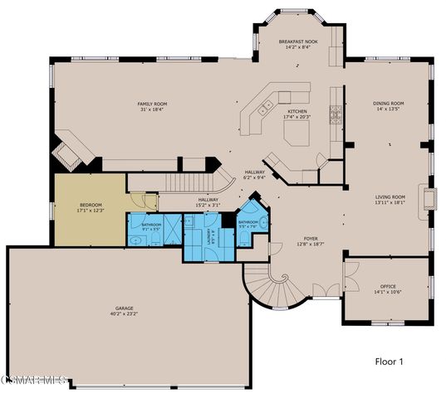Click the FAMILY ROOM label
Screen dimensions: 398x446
coord(151,104)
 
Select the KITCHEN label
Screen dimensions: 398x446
coord(297,111)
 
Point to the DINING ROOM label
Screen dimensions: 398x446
coord(388,104)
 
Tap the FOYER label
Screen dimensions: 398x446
coord(308,240)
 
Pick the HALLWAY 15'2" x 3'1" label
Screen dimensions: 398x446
coord(208,201)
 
